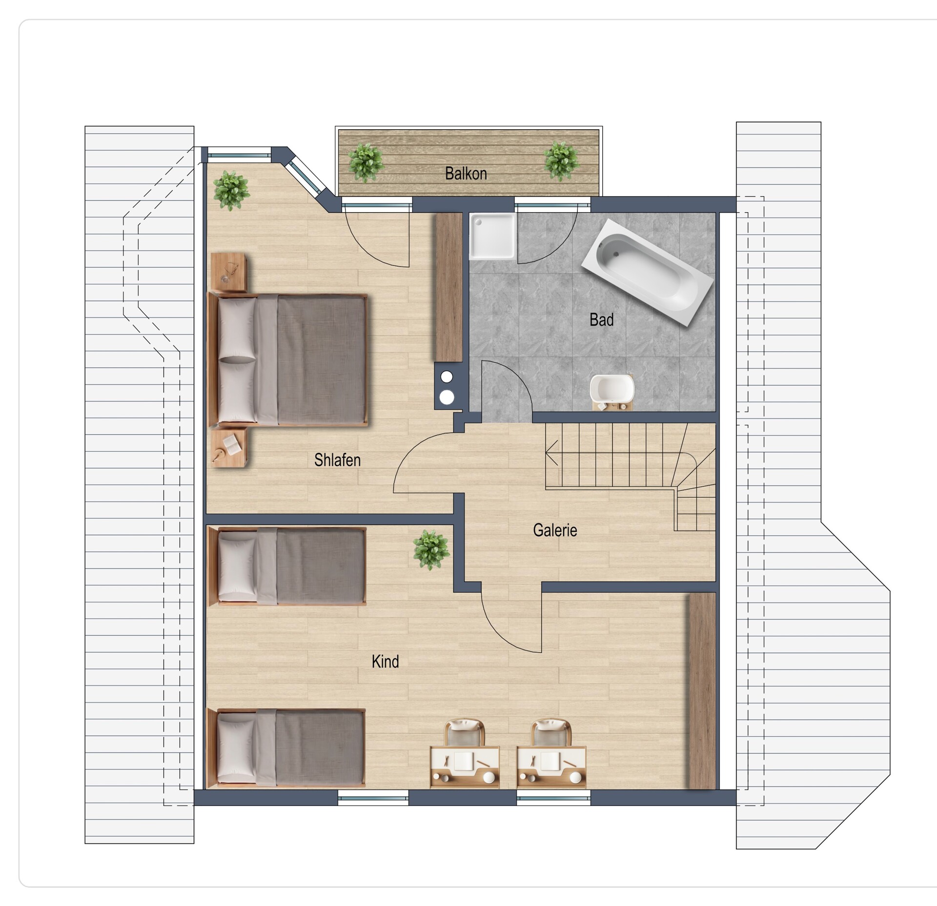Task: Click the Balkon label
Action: pos(466,173)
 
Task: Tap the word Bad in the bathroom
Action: pos(601,320)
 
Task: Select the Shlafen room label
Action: pos(337,460)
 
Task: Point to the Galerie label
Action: pos(555,530)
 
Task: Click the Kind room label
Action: pos(385,661)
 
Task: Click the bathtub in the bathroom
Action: pos(649,272)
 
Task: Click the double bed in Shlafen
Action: pos(287,360)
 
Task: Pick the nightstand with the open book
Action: pos(229,447)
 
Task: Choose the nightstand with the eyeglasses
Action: pos(231,272)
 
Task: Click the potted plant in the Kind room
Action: pos(431,550)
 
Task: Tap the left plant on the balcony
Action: pos(366,162)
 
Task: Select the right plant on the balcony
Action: pos(561,161)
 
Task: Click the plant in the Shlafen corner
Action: pos(231,190)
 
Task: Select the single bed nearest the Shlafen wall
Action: pos(287,566)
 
